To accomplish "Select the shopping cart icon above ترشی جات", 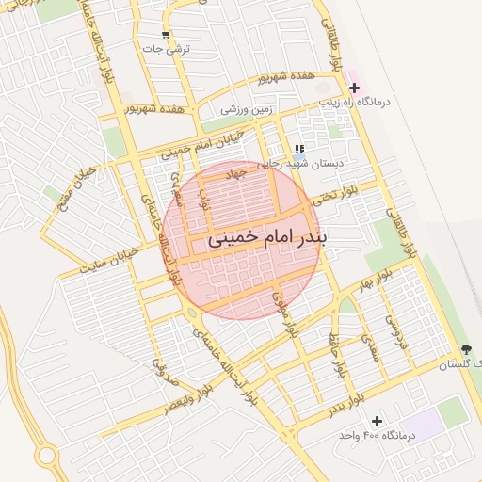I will coord(166,36).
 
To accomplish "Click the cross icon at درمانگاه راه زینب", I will coord(354,88).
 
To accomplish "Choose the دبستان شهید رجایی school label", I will coord(303,162).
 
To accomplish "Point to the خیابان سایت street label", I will coord(114,256).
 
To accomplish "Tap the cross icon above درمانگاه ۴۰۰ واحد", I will coord(378,420).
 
